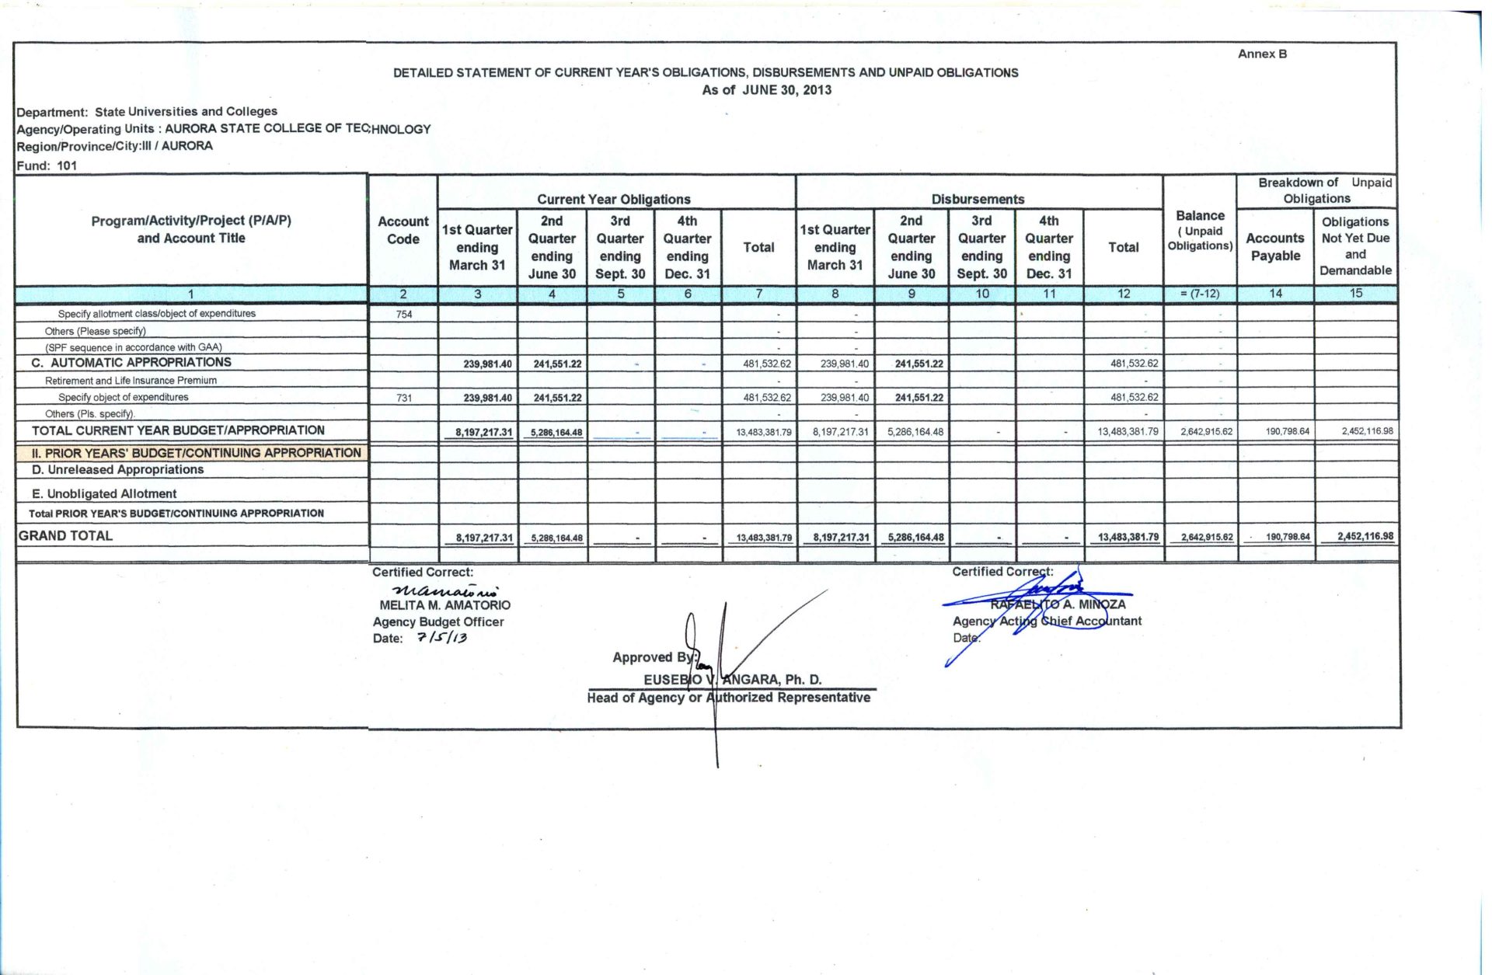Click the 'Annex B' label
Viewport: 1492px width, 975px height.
1262,54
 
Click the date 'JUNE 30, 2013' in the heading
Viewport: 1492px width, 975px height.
786,89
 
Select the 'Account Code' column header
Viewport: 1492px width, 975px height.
403,230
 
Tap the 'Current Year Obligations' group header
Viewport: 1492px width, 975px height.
613,199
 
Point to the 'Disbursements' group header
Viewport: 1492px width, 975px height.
978,199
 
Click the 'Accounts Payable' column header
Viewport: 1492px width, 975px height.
1274,246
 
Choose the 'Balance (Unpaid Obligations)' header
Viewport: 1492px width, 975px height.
1200,230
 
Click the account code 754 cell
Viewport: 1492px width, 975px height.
404,314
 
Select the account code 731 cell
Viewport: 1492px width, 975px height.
404,398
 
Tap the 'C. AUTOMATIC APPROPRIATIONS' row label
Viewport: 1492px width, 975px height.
131,362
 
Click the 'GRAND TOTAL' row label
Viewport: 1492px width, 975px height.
65,535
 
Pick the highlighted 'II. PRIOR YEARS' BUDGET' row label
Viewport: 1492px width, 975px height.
196,453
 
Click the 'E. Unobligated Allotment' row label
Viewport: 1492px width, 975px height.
104,493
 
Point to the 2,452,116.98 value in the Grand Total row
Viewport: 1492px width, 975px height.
1365,536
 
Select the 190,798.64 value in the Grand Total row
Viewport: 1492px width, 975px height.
1287,537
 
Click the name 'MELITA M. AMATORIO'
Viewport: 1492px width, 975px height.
444,604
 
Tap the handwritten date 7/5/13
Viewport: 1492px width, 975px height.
441,638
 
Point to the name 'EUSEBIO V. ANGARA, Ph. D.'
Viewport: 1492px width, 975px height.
732,679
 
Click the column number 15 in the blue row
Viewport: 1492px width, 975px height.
1355,293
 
